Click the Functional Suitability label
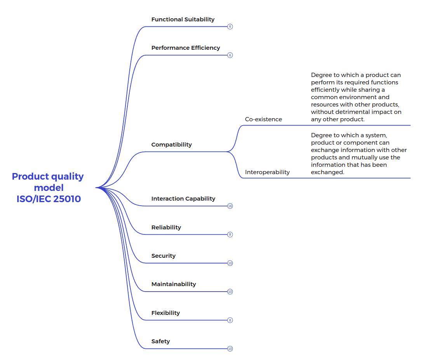183,19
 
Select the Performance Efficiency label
186,48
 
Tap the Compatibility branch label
171,145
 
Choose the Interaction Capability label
183,199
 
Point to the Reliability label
166,227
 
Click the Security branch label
163,256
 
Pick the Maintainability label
173,284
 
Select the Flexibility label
165,313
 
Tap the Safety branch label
160,341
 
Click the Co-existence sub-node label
263,119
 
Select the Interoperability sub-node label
267,172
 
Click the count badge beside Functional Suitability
230,26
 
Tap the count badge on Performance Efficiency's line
230,55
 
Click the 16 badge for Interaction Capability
230,206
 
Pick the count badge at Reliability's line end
230,234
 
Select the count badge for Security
230,263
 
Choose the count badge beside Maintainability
230,292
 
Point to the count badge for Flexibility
230,320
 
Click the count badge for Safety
230,349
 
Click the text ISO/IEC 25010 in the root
49,199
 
